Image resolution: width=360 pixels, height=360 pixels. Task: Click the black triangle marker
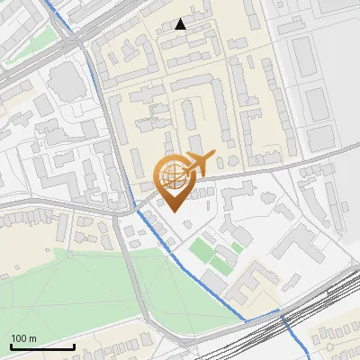coord(181,24)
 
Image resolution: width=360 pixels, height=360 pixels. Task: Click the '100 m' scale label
coord(23,338)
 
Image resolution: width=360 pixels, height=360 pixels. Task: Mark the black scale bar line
coord(41,346)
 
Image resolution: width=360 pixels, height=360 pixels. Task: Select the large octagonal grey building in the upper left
coord(66,82)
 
